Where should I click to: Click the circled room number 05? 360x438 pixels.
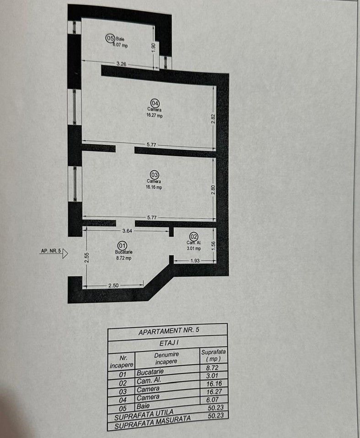pyautogui.click(x=110, y=38)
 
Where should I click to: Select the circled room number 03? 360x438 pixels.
pyautogui.click(x=154, y=174)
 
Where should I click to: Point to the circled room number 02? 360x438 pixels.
pyautogui.click(x=193, y=236)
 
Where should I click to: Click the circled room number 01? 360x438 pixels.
pyautogui.click(x=122, y=245)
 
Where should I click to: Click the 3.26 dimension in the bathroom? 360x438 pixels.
pyautogui.click(x=121, y=65)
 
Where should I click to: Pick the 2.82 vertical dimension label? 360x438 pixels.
pyautogui.click(x=213, y=118)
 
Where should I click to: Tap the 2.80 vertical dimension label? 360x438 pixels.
pyautogui.click(x=213, y=189)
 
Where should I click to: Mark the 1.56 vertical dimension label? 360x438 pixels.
pyautogui.click(x=213, y=245)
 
